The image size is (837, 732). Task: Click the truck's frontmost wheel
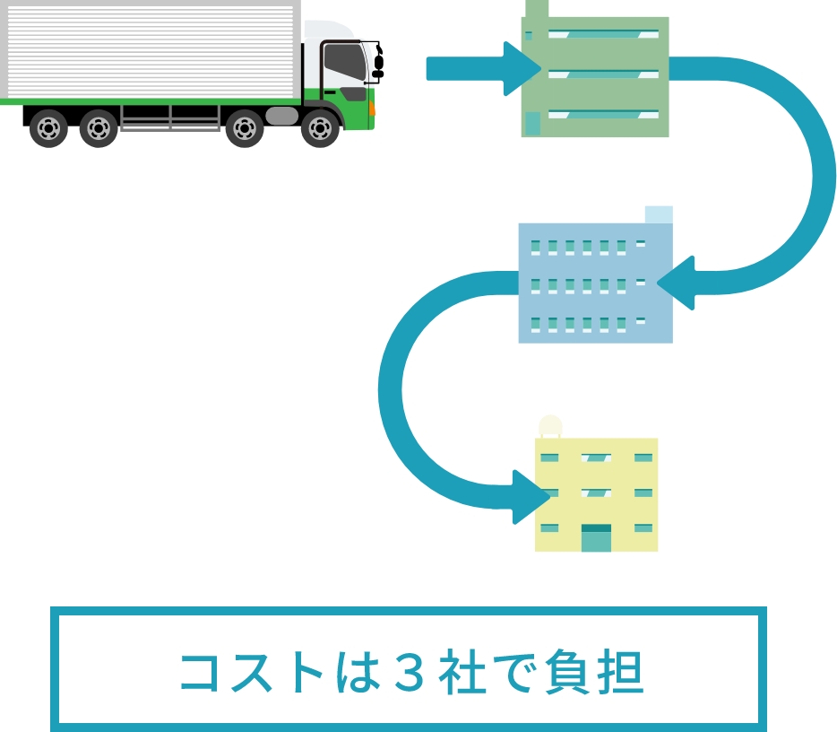[x=320, y=128]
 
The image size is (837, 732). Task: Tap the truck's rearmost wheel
[x=48, y=128]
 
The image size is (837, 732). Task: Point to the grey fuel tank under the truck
[x=281, y=116]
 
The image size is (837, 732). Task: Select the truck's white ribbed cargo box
[x=151, y=49]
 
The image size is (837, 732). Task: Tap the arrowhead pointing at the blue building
[x=677, y=283]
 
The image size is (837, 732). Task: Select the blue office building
[x=595, y=283]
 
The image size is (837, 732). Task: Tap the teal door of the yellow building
[x=596, y=538]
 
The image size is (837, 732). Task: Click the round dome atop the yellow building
[x=549, y=424]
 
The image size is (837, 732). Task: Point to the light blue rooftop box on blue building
[x=658, y=214]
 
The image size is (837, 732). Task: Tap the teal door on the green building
[x=532, y=123]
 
